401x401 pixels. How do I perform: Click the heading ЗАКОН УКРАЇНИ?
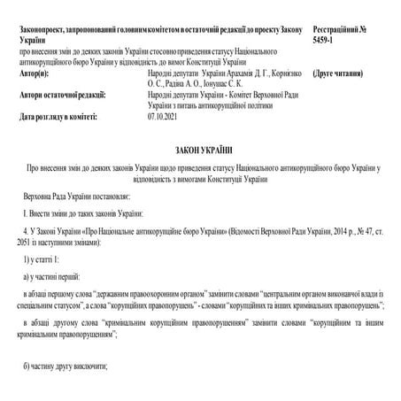point(199,150)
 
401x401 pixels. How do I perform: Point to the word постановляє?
point(116,194)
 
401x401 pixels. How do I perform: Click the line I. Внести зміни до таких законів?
point(81,214)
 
